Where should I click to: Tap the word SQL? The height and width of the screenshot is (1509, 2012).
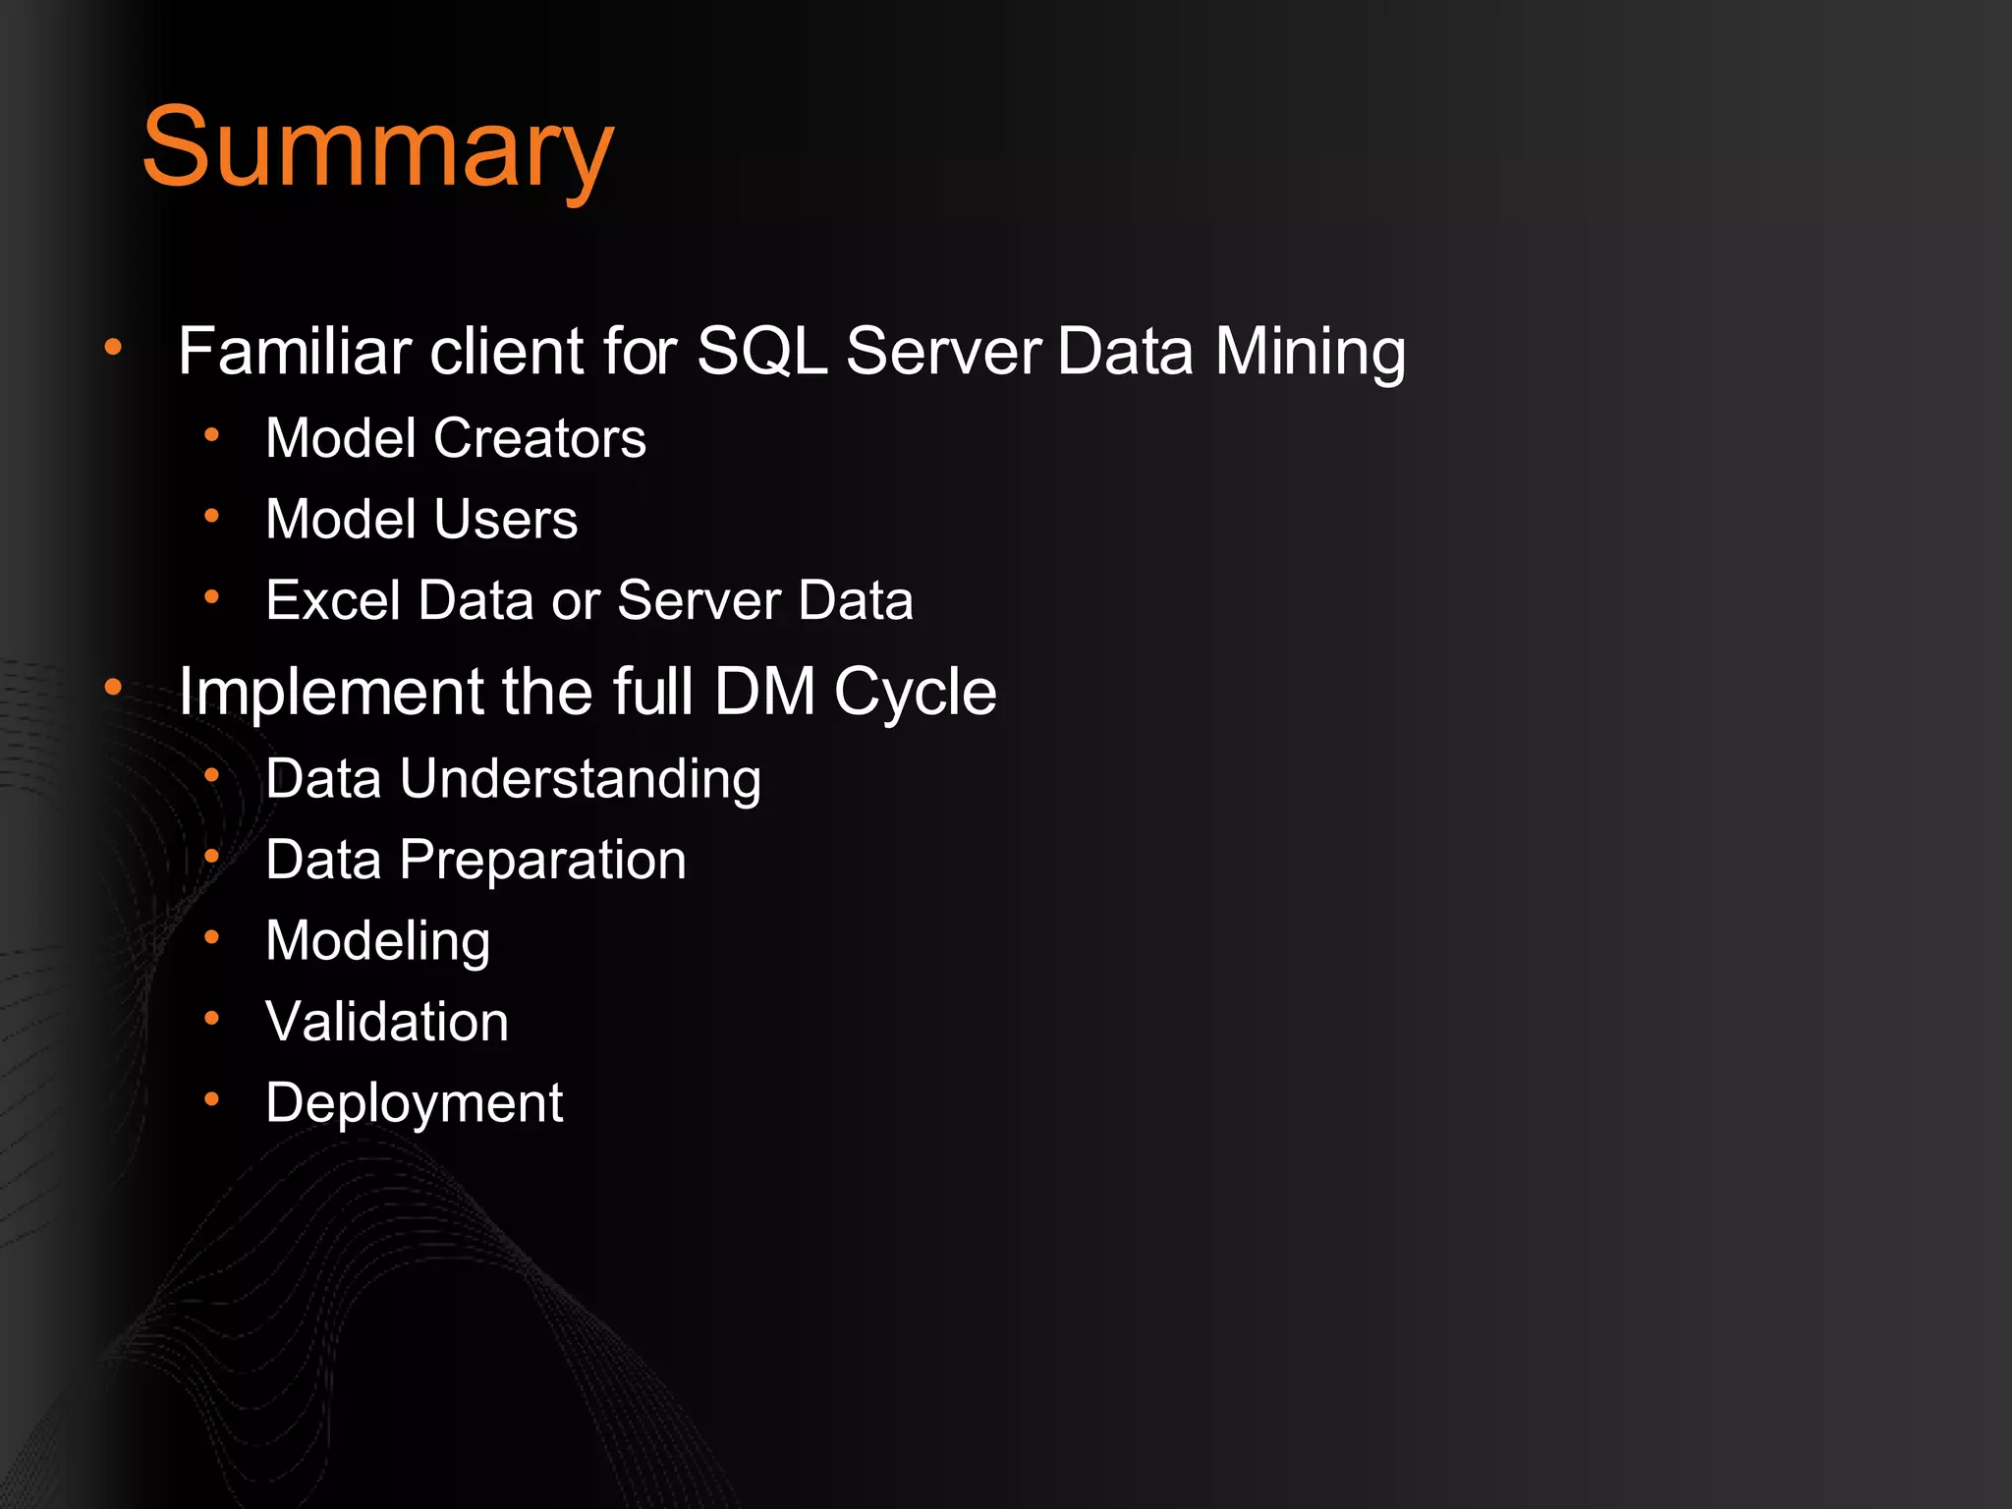(761, 351)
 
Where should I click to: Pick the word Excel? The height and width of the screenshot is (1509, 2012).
(333, 600)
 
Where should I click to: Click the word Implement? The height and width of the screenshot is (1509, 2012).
(331, 694)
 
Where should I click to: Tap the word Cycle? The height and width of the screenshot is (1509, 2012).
(915, 694)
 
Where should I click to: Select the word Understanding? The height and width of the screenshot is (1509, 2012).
(580, 780)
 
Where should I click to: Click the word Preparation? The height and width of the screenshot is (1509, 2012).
(542, 862)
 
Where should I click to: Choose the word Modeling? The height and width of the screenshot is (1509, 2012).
(378, 942)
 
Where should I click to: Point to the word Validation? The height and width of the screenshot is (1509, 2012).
(387, 1022)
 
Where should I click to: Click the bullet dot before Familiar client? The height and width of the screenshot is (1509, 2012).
(114, 347)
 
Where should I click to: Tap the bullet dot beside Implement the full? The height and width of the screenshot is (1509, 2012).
(114, 688)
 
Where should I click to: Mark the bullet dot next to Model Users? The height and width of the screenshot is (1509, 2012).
(211, 516)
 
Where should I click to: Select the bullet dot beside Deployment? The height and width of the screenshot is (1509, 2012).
(211, 1099)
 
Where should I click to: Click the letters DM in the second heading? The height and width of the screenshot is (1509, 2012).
(764, 692)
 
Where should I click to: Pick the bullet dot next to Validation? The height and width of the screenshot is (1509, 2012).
(211, 1019)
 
